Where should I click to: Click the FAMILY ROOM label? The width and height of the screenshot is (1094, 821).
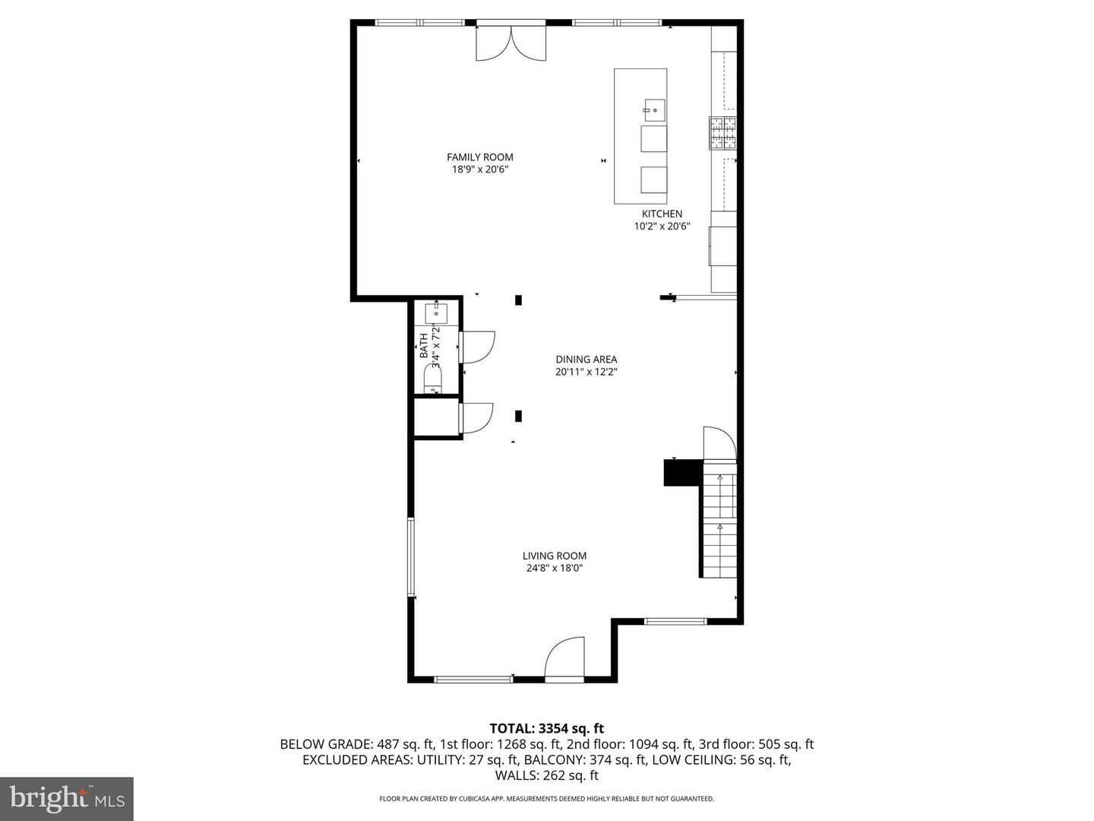tap(479, 157)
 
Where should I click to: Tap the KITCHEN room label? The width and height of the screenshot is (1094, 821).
tap(662, 214)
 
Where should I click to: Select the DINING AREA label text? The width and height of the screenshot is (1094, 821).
tap(586, 360)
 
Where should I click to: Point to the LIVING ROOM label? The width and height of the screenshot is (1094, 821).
tap(555, 556)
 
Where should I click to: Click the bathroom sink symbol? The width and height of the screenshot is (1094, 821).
tap(436, 312)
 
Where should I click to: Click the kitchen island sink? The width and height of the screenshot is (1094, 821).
tap(654, 110)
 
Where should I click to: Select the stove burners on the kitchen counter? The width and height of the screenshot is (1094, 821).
tap(723, 133)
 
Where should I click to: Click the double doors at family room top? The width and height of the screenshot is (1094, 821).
tap(511, 42)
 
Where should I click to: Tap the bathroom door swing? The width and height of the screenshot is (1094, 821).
tap(477, 346)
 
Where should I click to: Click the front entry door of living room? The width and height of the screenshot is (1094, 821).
tap(564, 658)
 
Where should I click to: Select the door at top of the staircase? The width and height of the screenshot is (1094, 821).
tap(719, 444)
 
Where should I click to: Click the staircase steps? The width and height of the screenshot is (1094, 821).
tap(719, 525)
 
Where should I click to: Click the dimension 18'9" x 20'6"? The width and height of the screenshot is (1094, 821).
tap(479, 170)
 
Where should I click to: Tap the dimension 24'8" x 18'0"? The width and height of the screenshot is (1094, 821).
tap(555, 568)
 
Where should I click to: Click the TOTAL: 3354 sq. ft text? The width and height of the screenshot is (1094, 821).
tap(546, 729)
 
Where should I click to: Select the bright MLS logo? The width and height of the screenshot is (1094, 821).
tap(67, 798)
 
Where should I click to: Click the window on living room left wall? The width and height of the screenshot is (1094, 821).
tap(411, 556)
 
